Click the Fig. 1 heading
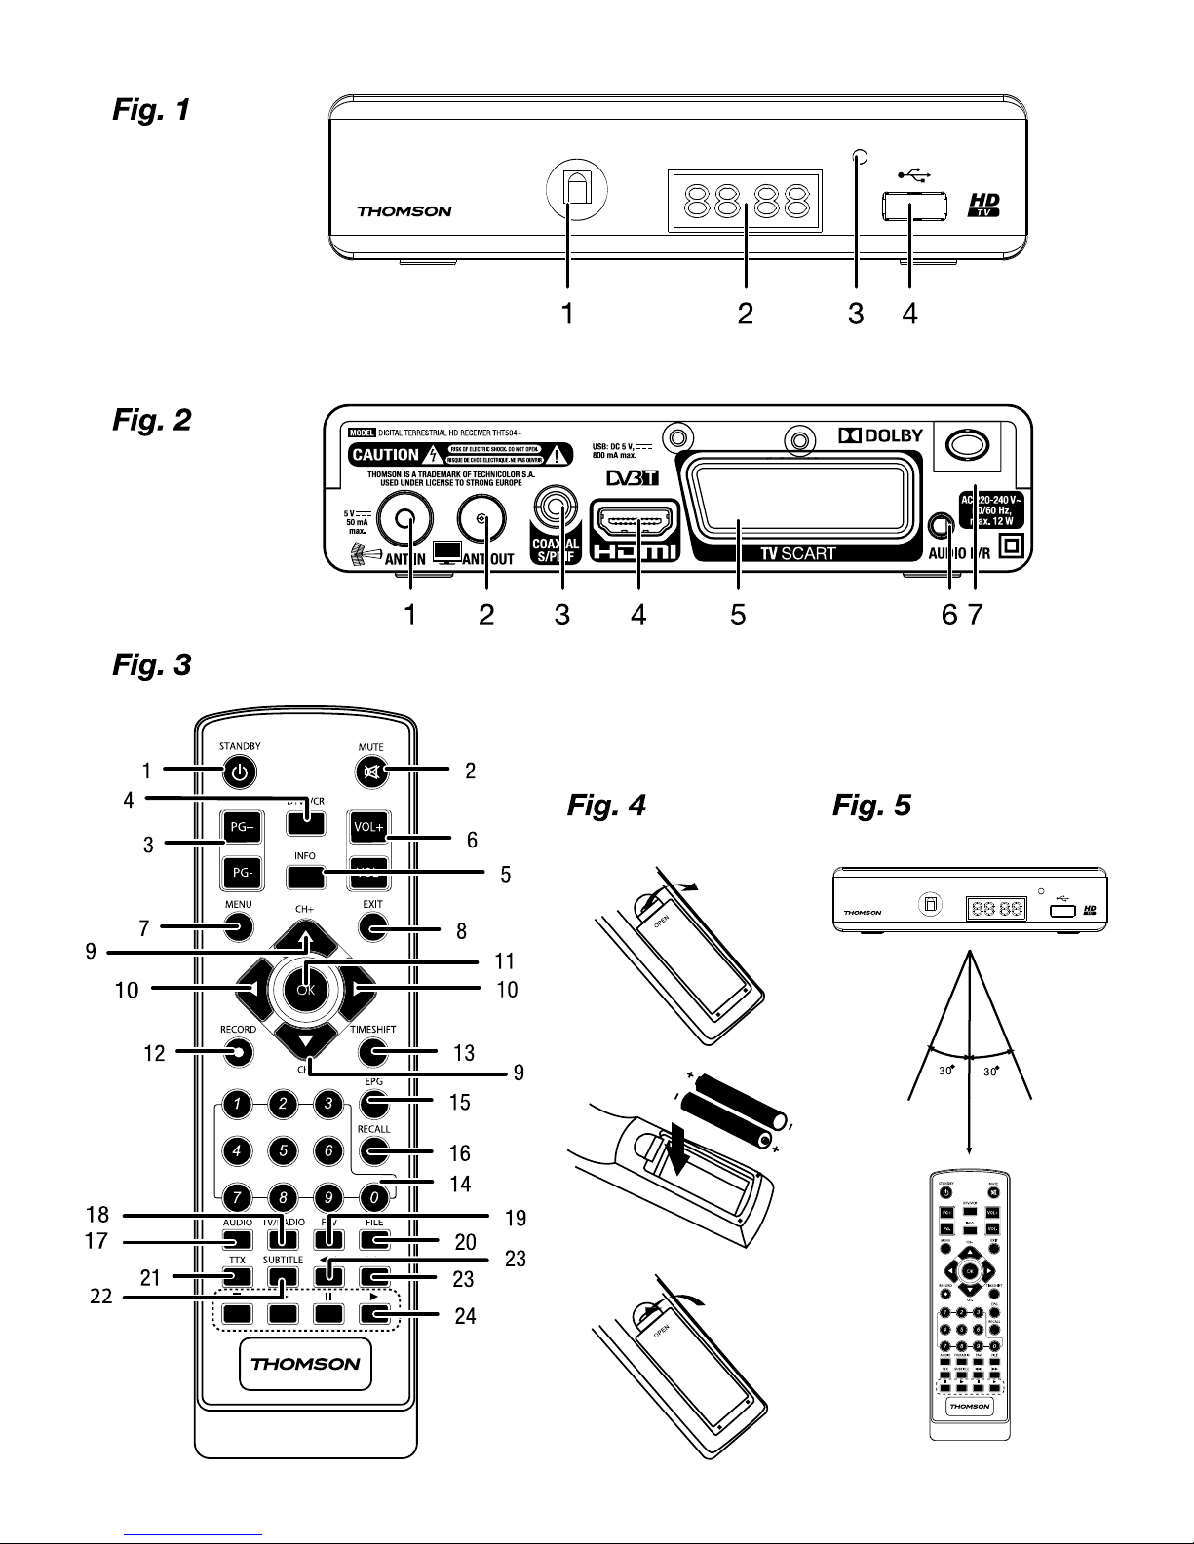151,110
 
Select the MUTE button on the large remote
370,773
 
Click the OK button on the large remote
306,990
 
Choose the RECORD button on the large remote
237,1051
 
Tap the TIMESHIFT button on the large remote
371,1051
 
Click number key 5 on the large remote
283,1150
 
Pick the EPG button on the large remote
371,1104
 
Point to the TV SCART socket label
797,553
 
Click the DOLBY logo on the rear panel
880,434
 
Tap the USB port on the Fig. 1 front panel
915,206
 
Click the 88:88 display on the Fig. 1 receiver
746,202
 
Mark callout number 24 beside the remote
465,1315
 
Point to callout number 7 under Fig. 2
972,616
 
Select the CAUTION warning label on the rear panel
385,454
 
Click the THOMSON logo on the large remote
305,1363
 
